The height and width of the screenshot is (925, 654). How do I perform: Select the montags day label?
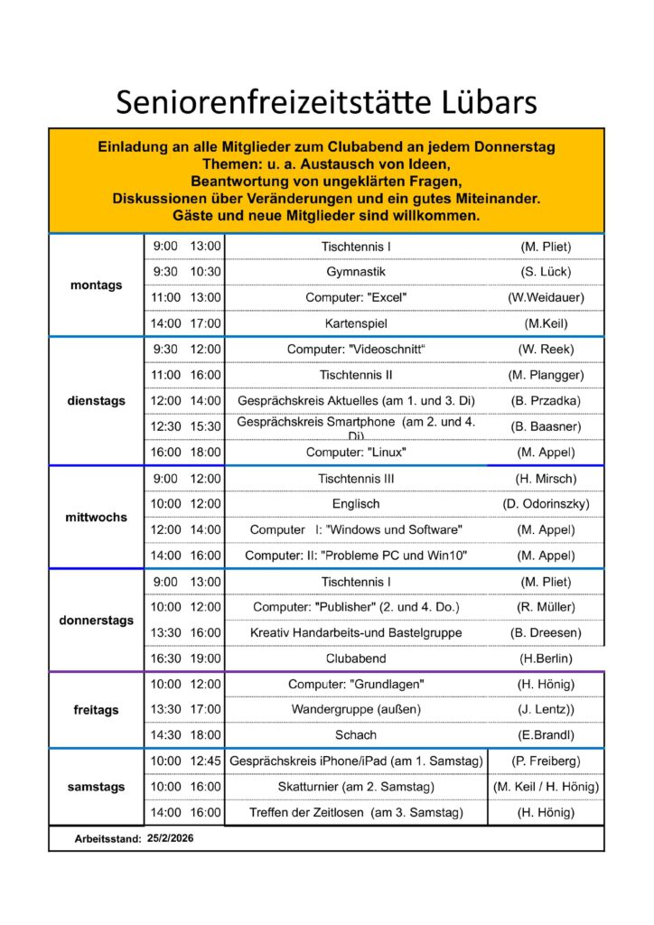pos(96,285)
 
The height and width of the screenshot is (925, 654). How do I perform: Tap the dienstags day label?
pos(96,401)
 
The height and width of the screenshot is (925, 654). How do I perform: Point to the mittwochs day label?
pos(96,518)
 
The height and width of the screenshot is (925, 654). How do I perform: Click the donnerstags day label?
pos(96,621)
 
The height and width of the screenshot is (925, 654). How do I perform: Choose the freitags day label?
pos(96,710)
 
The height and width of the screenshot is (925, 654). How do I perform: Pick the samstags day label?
pos(96,787)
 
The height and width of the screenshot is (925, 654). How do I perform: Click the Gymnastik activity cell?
pos(356,272)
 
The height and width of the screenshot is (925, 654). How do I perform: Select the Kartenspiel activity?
pos(356,323)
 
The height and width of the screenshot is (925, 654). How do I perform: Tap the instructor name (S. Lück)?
pos(546,272)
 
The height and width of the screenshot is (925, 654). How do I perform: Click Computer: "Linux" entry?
pos(356,452)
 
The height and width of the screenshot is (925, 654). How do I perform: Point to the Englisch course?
pos(356,504)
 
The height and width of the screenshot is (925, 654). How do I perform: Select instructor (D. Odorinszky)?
pos(546,504)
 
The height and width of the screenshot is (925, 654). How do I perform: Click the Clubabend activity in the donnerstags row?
pos(356,659)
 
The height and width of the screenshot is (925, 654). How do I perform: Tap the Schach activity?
pos(356,735)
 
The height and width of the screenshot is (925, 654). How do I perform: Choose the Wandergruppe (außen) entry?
pos(356,710)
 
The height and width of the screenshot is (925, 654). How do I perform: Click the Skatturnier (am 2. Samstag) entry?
pos(356,787)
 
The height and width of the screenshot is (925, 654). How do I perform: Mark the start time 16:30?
pos(165,659)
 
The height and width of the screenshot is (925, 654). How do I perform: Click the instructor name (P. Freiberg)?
pos(546,761)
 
